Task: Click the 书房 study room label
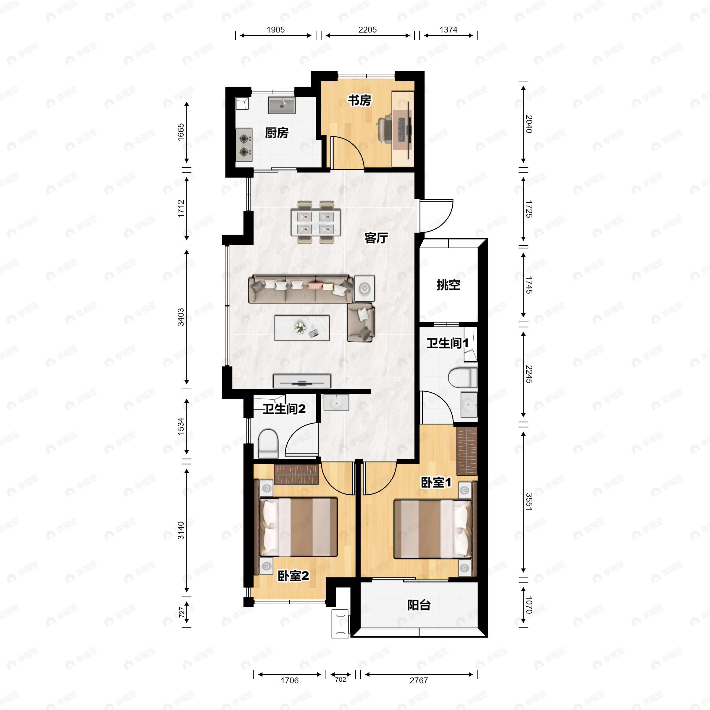(x=359, y=100)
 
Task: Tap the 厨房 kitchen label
(x=277, y=133)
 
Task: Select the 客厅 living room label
(x=376, y=238)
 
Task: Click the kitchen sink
(x=282, y=105)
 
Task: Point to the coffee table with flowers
(x=302, y=328)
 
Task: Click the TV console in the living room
(x=302, y=381)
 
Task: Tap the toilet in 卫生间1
(x=463, y=377)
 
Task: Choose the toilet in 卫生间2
(x=268, y=444)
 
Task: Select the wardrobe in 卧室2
(x=296, y=475)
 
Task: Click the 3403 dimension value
(x=181, y=317)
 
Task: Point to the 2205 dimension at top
(x=367, y=30)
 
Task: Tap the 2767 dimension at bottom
(x=419, y=680)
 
